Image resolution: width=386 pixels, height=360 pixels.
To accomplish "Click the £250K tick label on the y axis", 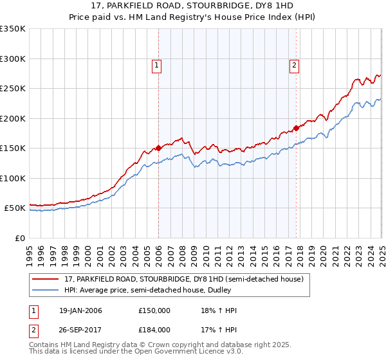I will (12, 89).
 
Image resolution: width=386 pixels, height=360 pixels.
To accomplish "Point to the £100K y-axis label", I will (12, 178).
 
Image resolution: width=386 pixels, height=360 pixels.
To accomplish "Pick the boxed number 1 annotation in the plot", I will (158, 64).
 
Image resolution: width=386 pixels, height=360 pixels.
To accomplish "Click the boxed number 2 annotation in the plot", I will (294, 64).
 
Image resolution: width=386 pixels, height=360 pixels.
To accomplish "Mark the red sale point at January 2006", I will (158, 148).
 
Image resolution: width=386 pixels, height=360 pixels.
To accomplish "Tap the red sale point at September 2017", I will (296, 128).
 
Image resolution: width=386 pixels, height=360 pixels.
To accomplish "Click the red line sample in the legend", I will (44, 278).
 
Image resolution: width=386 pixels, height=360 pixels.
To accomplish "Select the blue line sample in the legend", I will (44, 290).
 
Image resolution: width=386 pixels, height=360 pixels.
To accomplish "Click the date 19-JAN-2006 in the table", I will (80, 311).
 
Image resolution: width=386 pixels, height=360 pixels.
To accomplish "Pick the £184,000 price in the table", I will (154, 329).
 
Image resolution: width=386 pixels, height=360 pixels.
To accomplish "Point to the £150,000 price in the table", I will (154, 311).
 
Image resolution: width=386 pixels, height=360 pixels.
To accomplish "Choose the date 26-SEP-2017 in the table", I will (80, 329).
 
